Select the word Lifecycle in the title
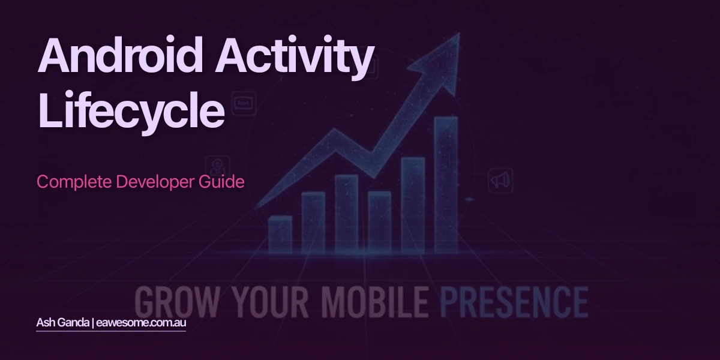(x=131, y=110)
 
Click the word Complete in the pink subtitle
(x=64, y=182)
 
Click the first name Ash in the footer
(x=44, y=323)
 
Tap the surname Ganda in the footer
(x=74, y=323)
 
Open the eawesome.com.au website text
(x=142, y=323)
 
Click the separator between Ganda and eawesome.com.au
(x=94, y=323)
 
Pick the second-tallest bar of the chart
(x=413, y=204)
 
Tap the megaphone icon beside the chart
(x=500, y=179)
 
